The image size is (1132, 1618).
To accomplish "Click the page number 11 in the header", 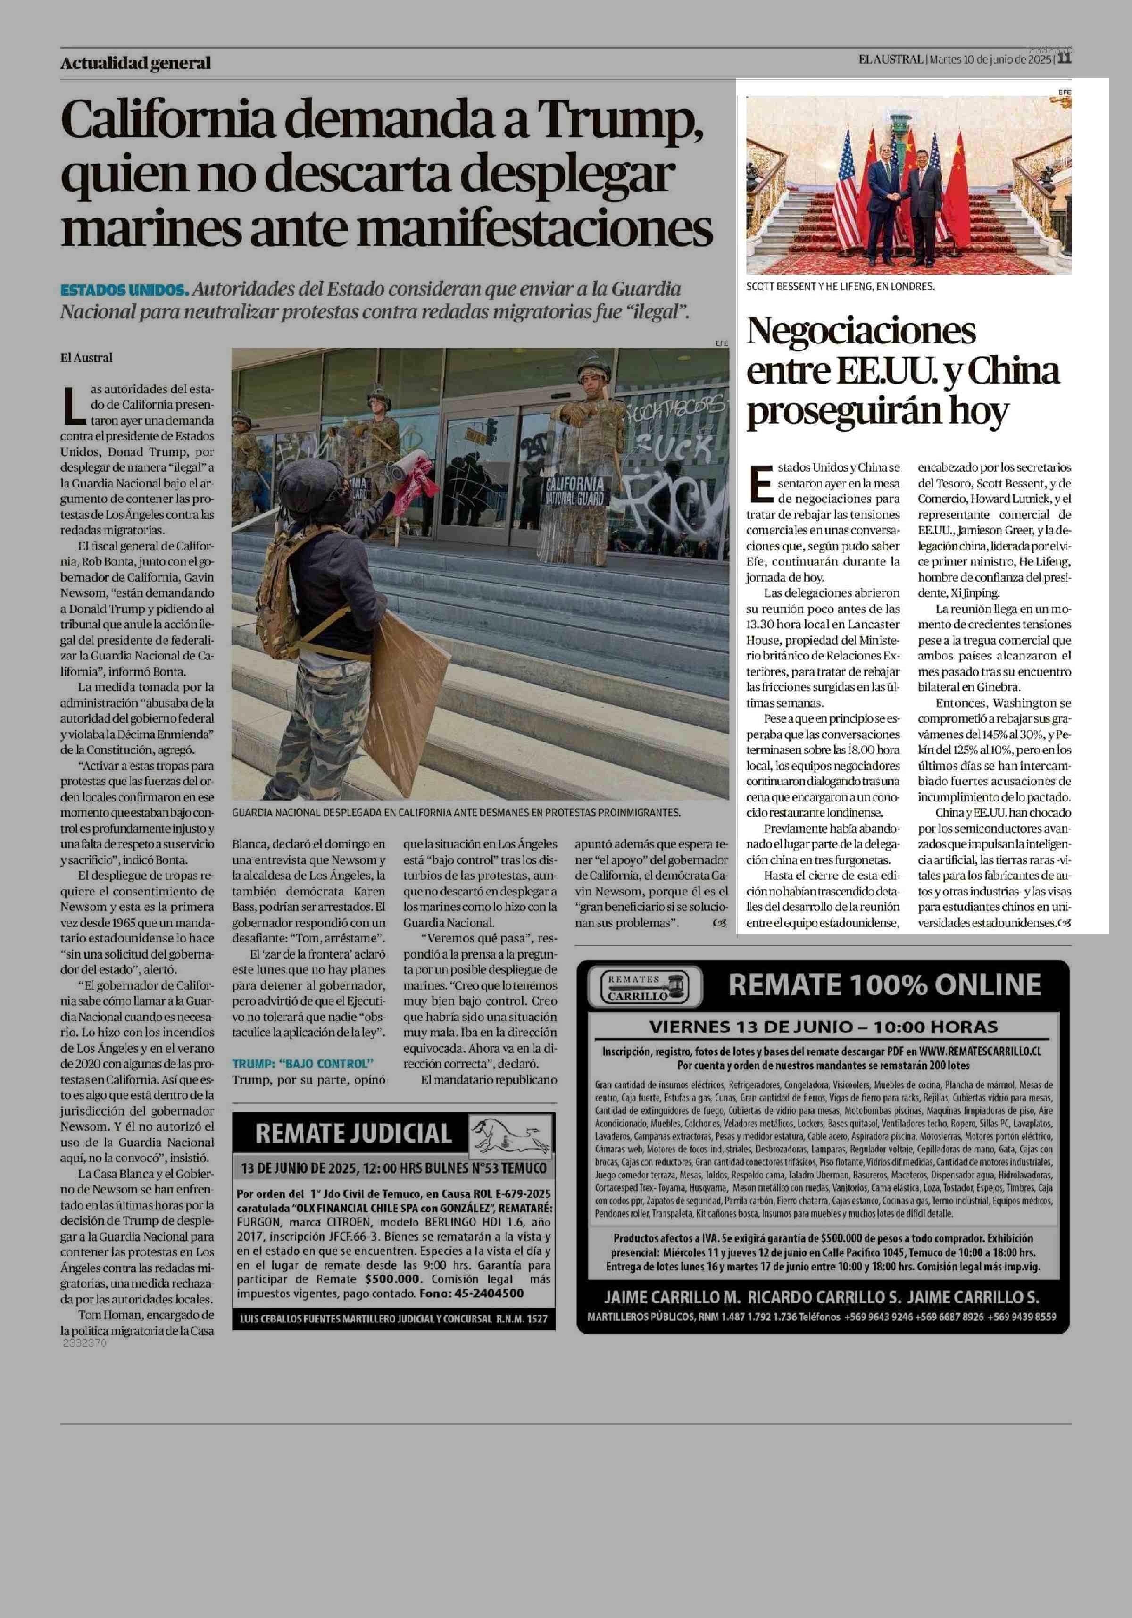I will [1064, 59].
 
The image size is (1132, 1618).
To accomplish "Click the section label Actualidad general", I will [135, 63].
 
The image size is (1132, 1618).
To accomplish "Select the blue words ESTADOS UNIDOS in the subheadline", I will [124, 290].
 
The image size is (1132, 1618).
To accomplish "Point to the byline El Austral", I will [86, 357].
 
